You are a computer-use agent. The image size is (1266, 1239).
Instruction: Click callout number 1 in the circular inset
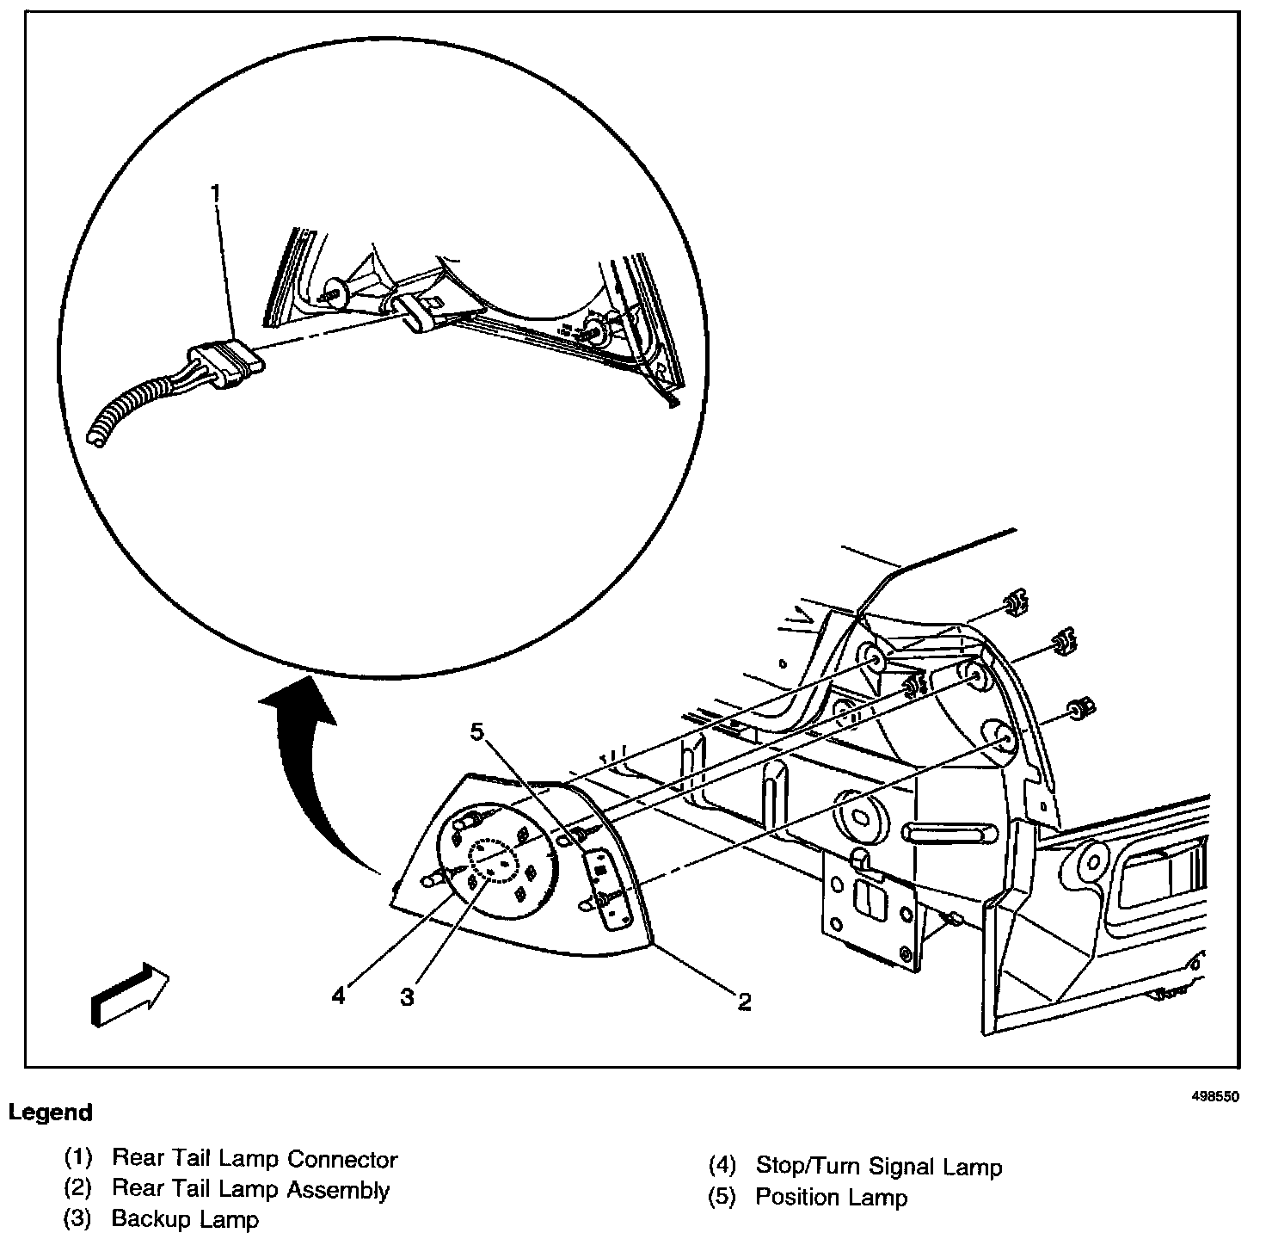pos(215,191)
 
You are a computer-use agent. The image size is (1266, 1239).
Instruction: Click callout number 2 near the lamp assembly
pos(744,1001)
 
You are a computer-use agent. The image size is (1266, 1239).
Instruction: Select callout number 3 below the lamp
pos(407,997)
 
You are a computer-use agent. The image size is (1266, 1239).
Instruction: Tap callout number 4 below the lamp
pos(339,996)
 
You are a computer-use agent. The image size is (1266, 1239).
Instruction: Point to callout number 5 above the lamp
pos(477,731)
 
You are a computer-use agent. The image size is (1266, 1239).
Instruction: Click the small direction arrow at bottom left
pos(129,994)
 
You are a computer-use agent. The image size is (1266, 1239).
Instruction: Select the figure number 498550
pos(1214,1097)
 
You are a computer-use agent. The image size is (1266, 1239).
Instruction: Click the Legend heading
pos(50,1113)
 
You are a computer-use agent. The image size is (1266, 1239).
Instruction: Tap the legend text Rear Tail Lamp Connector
pos(255,1159)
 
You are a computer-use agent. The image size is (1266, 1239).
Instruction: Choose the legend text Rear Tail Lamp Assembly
pos(250,1190)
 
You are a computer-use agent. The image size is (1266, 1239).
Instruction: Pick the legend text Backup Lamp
pos(185,1219)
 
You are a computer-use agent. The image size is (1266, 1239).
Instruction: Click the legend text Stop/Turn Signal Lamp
pos(878,1167)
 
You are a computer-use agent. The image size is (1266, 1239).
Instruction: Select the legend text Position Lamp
pos(831,1197)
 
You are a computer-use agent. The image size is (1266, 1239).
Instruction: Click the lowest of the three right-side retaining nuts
pos(1079,708)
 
